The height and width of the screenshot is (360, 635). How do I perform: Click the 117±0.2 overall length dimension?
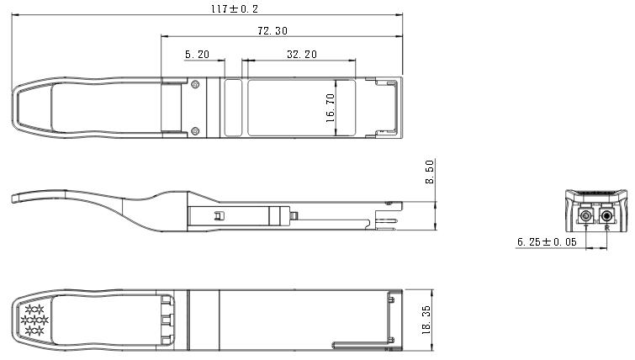[235, 8]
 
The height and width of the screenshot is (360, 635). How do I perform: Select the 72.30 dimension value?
[273, 31]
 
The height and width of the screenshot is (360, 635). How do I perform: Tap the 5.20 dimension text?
[197, 55]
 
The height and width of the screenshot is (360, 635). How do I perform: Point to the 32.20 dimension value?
[302, 55]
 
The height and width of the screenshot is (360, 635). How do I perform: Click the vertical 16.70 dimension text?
[330, 109]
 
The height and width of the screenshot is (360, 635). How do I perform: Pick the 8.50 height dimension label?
[430, 172]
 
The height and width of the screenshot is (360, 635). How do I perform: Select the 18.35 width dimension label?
[426, 320]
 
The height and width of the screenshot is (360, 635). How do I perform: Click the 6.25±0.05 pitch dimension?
[547, 242]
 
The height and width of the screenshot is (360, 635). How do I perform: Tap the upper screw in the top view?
[195, 85]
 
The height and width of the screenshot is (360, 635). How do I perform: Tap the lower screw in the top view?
[195, 131]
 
